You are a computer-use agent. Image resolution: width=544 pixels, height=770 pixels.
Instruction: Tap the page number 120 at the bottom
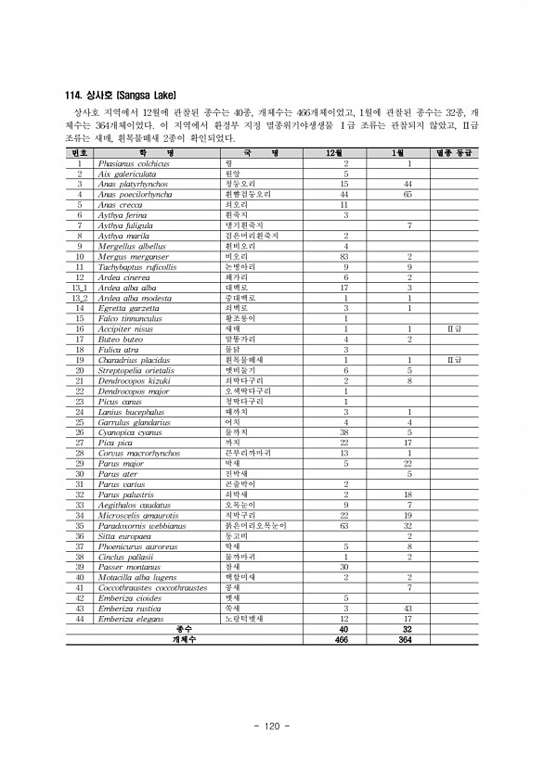[271, 725]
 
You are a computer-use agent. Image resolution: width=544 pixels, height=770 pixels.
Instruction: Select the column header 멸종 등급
[451, 152]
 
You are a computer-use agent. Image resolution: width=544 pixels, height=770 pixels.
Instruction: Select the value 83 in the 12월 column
[344, 256]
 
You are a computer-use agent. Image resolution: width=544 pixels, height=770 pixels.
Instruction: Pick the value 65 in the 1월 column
[408, 194]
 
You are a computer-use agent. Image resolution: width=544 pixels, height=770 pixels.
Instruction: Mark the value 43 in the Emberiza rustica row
[408, 608]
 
